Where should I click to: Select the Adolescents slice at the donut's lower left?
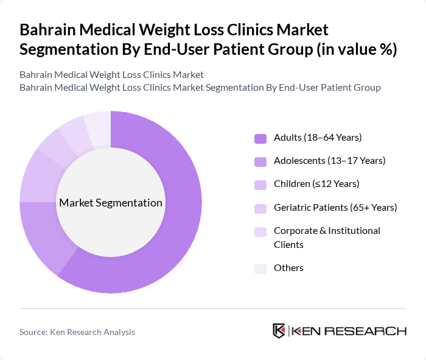coord(46,238)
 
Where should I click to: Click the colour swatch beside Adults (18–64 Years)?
coord(260,138)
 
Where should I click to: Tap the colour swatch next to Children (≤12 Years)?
coord(260,185)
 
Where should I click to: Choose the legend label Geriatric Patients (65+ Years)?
coord(335,208)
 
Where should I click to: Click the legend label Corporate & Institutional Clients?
coord(327,238)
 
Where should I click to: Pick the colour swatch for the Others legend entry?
coord(260,269)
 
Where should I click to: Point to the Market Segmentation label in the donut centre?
coord(111,203)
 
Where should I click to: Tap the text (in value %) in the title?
coord(355,49)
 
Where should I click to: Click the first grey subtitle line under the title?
coord(111,75)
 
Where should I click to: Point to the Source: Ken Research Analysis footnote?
coord(77,332)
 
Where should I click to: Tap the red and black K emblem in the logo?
coord(279,331)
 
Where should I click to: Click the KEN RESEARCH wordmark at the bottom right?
coord(349,331)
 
